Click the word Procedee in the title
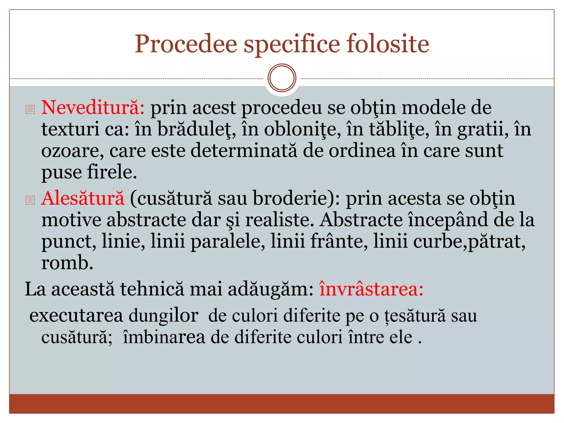tap(186, 44)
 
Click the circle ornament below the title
tap(282, 78)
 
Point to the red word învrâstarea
tap(371, 289)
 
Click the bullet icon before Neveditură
tap(30, 109)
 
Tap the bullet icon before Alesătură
tap(30, 200)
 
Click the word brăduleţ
tap(197, 129)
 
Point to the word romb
tap(67, 262)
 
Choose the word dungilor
tap(164, 316)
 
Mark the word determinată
tap(244, 151)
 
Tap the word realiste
tap(279, 220)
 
